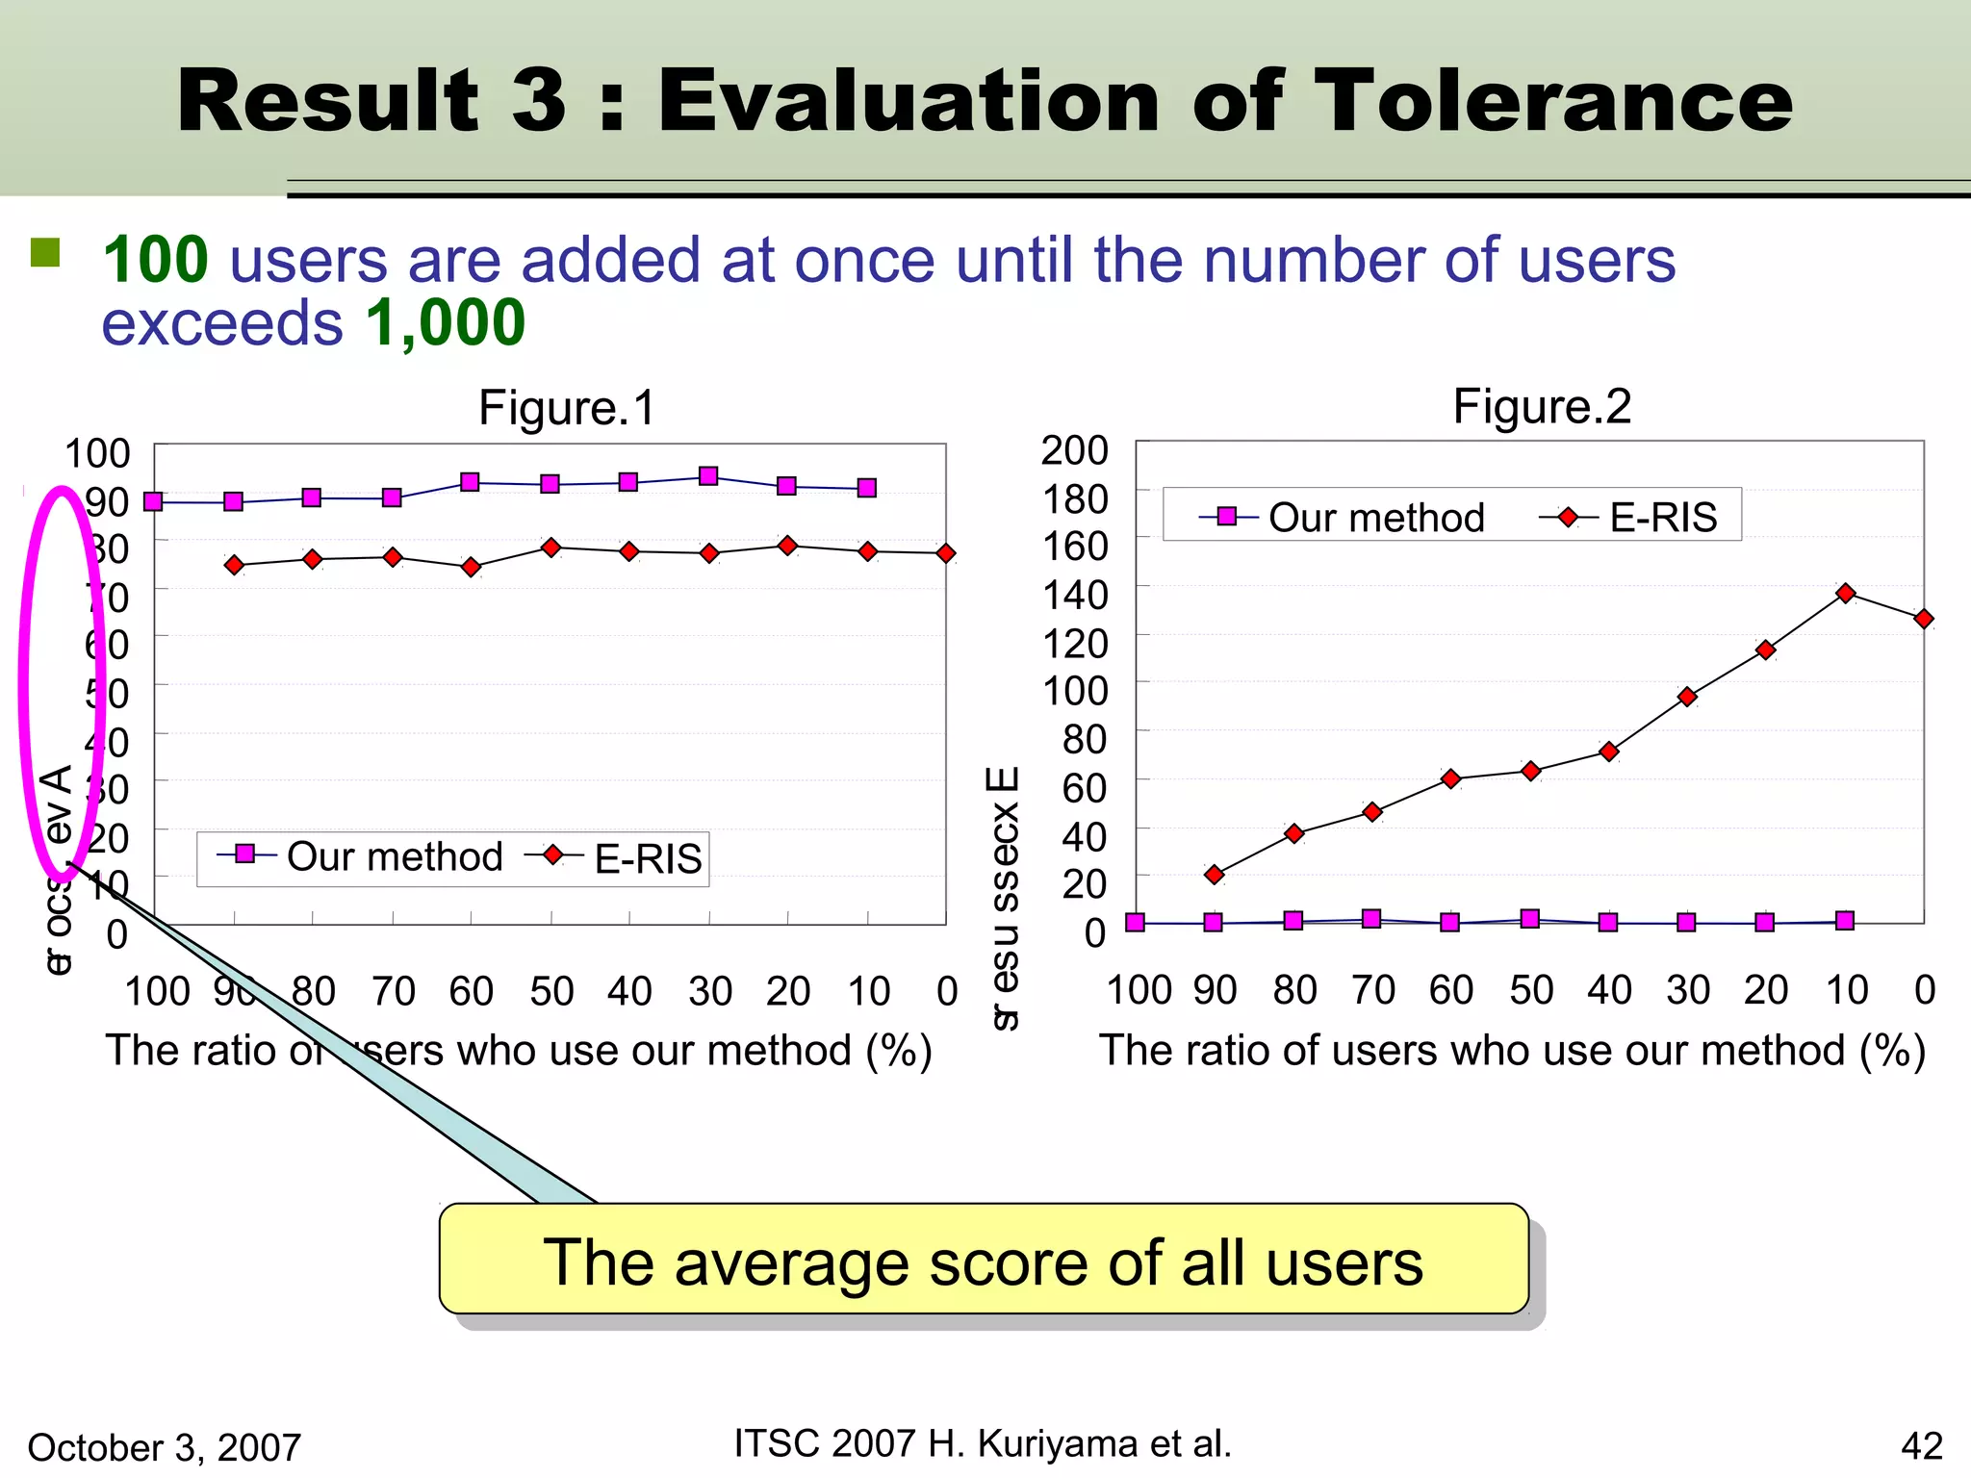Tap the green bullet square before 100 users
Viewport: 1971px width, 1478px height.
click(x=45, y=253)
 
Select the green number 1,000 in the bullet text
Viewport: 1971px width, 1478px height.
click(x=445, y=322)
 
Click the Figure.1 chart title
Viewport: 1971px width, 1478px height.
click(x=567, y=407)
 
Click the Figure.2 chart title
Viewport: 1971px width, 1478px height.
click(x=1542, y=406)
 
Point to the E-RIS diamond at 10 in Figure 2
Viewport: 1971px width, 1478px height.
click(x=1845, y=594)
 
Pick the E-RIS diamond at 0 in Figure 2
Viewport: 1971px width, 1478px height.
click(x=1923, y=619)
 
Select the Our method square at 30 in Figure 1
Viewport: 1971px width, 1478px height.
click(x=708, y=476)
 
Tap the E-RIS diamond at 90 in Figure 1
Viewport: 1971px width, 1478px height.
click(x=234, y=565)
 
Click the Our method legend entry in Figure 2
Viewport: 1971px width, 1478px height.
click(x=1342, y=518)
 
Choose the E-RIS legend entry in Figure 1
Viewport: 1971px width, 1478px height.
click(x=616, y=857)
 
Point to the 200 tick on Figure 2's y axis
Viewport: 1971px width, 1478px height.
click(x=1074, y=450)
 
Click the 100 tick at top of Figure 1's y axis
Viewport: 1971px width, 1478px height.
click(x=97, y=453)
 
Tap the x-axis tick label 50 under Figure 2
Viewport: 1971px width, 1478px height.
click(x=1531, y=990)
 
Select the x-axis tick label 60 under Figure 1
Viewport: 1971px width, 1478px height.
click(x=471, y=991)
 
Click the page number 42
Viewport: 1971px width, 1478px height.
click(x=1921, y=1445)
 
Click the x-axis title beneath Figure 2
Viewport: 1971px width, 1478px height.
click(x=1512, y=1050)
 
